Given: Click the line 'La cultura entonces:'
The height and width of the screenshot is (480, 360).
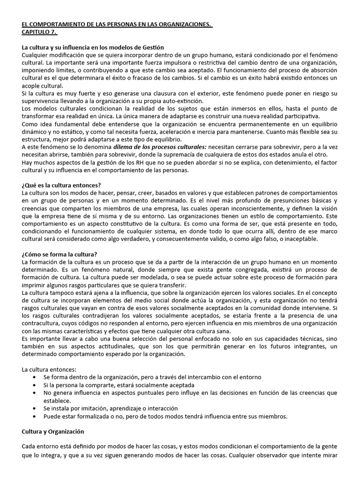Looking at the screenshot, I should coord(46,369).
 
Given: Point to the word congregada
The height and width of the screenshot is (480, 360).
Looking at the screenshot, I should coord(193,270).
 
